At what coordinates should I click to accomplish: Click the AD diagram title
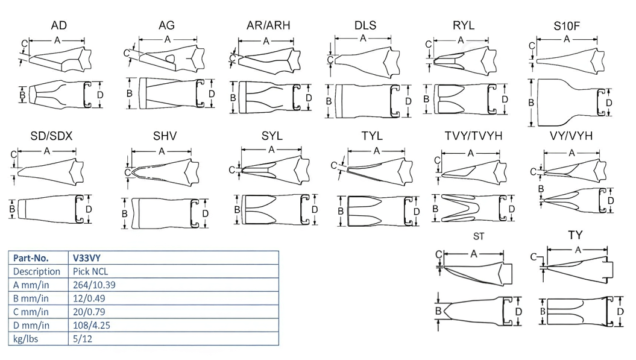point(59,25)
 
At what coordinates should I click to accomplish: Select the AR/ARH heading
point(268,25)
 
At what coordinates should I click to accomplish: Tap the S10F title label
point(567,27)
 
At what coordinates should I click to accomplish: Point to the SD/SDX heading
point(51,136)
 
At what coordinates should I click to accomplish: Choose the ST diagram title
point(479,237)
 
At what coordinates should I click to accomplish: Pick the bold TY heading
point(575,235)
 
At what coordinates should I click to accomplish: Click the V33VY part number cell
point(86,257)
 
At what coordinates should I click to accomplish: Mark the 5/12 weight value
point(83,338)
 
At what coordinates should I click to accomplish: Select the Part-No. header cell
point(31,257)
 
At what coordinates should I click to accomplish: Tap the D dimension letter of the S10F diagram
point(609,103)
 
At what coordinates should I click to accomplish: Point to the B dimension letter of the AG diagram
point(129,94)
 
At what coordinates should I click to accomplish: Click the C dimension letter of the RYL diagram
point(429,45)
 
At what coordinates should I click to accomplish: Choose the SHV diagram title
point(165,136)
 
